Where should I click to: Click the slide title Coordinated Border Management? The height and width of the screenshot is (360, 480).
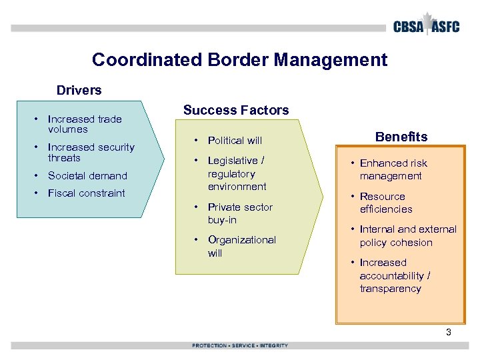point(239,60)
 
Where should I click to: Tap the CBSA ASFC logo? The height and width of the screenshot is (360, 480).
point(426,26)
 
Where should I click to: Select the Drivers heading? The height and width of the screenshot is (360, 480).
point(79,90)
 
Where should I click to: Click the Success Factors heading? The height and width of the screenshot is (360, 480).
point(236,111)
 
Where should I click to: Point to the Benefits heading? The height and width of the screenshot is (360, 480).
point(401,137)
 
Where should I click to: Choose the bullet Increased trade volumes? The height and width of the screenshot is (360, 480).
point(84,124)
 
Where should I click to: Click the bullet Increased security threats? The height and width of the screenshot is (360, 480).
point(91,152)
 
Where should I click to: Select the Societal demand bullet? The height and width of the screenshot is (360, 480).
point(87,176)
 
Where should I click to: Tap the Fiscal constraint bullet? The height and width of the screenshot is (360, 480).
point(86,193)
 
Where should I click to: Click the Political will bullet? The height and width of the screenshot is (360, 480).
point(235,141)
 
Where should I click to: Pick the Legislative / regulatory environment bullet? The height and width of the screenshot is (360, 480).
point(237,173)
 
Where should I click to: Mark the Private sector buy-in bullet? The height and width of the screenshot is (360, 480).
point(239,213)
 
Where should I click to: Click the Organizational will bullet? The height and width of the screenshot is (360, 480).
point(241,246)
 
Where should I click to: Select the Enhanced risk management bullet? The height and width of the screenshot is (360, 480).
point(393,169)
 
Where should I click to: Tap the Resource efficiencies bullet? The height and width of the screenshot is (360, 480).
point(385,203)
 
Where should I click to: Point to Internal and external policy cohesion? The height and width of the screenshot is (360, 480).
point(407,236)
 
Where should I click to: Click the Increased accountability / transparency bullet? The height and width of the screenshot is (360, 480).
point(395,275)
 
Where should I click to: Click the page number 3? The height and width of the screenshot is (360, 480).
point(449,331)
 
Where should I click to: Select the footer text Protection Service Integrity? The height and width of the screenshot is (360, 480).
point(240,345)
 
